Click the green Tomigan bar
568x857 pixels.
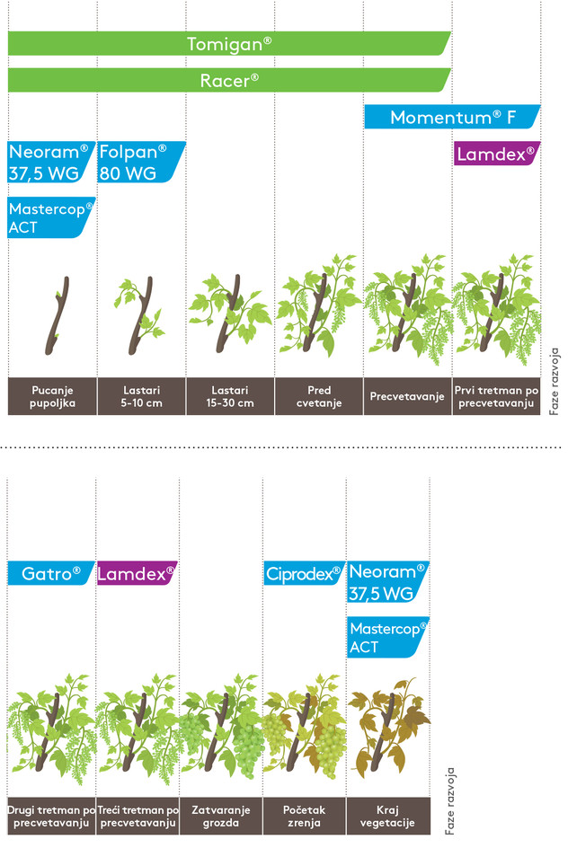(x=229, y=43)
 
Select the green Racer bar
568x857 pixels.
(x=229, y=79)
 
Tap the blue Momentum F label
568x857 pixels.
(x=452, y=117)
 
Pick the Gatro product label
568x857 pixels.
(x=50, y=573)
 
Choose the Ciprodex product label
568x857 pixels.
(x=304, y=573)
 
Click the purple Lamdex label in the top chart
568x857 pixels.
(x=495, y=155)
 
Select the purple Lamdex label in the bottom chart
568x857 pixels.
(x=136, y=573)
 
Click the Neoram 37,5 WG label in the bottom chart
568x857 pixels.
(x=388, y=582)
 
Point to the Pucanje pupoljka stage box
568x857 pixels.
(x=51, y=396)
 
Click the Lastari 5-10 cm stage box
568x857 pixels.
(x=140, y=396)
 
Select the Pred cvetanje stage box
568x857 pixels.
(x=318, y=396)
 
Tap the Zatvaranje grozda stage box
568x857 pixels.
(x=220, y=816)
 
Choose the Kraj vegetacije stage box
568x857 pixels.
(x=387, y=816)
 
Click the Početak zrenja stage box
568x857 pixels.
(x=304, y=816)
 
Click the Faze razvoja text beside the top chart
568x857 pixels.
(x=555, y=381)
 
